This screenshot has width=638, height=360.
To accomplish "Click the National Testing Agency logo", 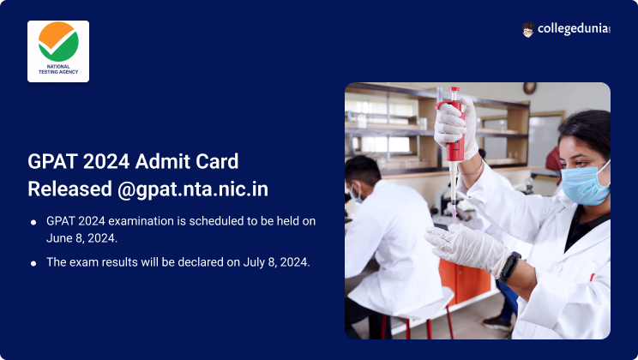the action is point(58,51).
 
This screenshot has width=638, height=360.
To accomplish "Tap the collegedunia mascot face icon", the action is point(527,29).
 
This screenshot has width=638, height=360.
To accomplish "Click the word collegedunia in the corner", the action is point(574,29).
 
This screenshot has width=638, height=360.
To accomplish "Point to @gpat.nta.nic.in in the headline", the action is point(193,189).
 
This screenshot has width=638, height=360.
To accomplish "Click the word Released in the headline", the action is point(70,189).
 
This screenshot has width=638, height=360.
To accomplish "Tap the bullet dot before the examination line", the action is point(33,222).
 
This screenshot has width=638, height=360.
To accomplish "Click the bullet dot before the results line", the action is point(33,263).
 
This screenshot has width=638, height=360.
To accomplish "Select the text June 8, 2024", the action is point(81,238).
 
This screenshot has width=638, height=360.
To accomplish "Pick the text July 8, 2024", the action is point(277,262).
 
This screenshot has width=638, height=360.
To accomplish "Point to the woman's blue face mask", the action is point(584,183).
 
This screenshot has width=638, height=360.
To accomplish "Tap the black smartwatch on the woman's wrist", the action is point(510,267).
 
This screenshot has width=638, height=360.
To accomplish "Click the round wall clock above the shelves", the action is point(529,87).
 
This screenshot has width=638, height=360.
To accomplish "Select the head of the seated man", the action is point(361,177).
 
